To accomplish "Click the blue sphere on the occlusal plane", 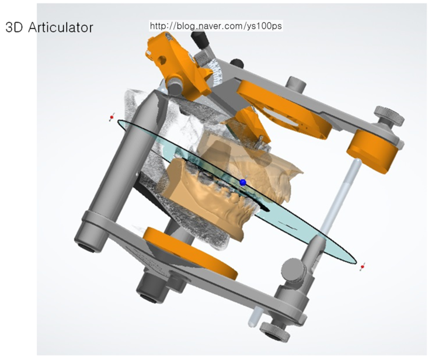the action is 243,182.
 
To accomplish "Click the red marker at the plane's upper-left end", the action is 112,117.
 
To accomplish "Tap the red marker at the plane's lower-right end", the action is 363,266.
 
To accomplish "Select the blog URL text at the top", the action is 216,26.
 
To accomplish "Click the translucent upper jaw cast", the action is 248,162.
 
